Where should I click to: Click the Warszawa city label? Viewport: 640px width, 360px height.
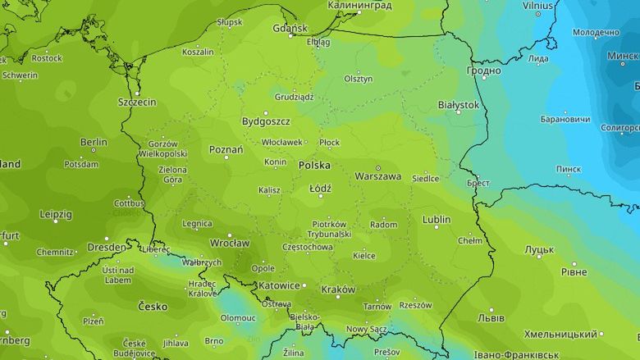point(377,176)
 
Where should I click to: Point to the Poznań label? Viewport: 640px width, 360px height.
point(226,150)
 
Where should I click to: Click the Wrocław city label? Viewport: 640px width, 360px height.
point(229,243)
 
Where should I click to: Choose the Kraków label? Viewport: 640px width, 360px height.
point(338,289)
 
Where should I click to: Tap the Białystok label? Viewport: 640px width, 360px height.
point(458,105)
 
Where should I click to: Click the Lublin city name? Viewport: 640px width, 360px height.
point(436,220)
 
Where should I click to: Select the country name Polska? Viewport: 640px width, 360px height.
point(314,165)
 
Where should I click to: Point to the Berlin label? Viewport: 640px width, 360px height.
point(94,142)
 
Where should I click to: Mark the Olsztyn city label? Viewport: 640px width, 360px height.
point(359,79)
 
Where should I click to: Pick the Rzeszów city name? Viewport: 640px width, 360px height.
point(415,304)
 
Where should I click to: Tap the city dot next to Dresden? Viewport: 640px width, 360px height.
point(130,246)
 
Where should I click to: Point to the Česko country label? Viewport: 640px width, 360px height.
point(153,307)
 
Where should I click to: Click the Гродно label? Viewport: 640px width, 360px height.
point(484,71)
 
